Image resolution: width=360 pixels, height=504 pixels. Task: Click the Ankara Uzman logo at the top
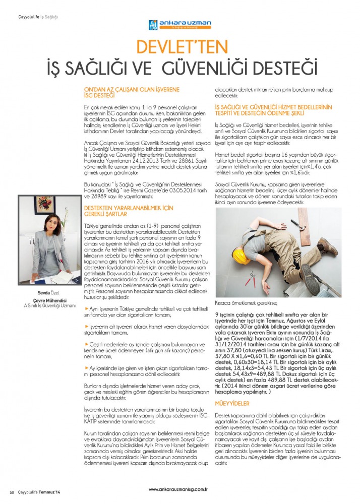(x=179, y=25)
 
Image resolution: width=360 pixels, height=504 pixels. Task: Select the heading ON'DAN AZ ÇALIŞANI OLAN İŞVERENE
(x=132, y=88)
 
